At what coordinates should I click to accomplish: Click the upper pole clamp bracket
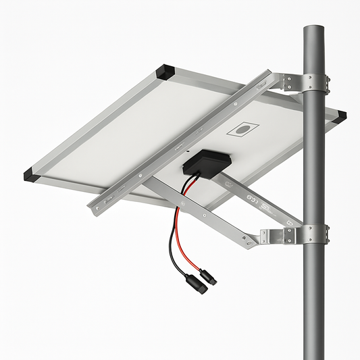click(307, 83)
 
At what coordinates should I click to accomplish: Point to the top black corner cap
click(165, 70)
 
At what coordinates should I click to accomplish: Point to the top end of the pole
click(314, 29)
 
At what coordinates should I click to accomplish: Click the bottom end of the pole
click(313, 355)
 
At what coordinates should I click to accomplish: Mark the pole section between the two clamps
click(313, 162)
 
